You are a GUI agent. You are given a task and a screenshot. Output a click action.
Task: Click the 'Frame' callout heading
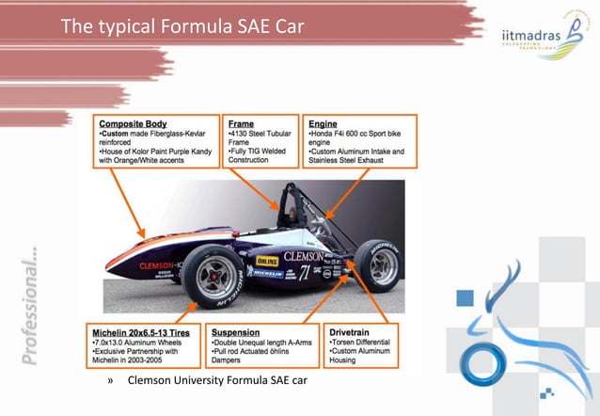point(241,122)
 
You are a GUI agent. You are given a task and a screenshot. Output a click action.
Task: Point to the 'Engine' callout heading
point(324,122)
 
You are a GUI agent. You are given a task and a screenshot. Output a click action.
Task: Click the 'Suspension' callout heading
point(236,332)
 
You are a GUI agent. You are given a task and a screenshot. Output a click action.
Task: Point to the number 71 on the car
point(305,274)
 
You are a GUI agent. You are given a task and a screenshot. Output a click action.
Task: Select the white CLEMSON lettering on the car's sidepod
point(303,256)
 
